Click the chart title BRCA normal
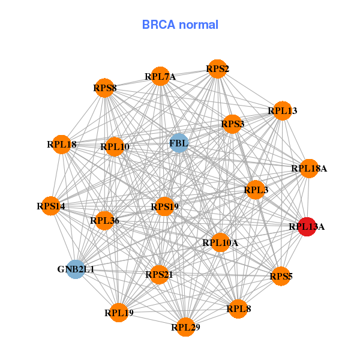[x=180, y=25]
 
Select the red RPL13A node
[x=307, y=227]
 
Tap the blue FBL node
[x=179, y=143]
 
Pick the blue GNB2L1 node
[x=76, y=269]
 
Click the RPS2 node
[x=217, y=69]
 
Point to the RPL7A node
[x=160, y=76]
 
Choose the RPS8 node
[x=104, y=88]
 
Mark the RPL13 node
[x=282, y=110]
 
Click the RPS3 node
[x=232, y=125]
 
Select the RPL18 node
[x=61, y=144]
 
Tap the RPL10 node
[x=115, y=146]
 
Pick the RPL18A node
[x=308, y=169]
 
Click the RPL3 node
[x=256, y=190]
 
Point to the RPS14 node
[x=50, y=206]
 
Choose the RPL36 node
[x=104, y=221]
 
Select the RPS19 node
[x=164, y=207]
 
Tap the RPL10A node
[x=220, y=242]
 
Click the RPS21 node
[x=159, y=275]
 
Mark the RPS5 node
[x=281, y=277]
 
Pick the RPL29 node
[x=185, y=327]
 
